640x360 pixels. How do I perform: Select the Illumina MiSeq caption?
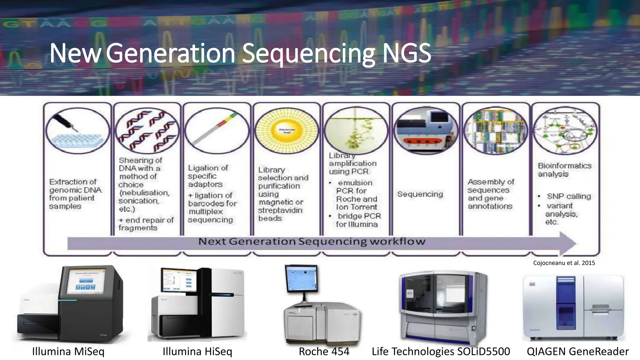68,351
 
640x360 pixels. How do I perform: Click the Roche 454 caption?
324,351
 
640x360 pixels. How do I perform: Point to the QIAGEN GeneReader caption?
577,351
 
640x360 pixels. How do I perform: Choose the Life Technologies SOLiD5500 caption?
441,351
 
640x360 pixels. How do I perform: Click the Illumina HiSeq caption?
197,351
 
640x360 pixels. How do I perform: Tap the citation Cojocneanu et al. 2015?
564,263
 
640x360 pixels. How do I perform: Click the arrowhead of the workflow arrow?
567,243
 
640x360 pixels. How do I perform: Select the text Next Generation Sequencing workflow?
312,242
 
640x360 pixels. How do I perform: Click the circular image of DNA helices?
147,131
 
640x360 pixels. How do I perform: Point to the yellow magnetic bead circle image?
287,131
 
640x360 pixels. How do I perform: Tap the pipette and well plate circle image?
77,131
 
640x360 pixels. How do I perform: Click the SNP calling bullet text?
569,196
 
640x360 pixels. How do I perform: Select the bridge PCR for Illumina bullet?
358,220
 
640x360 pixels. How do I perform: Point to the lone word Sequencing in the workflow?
420,194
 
